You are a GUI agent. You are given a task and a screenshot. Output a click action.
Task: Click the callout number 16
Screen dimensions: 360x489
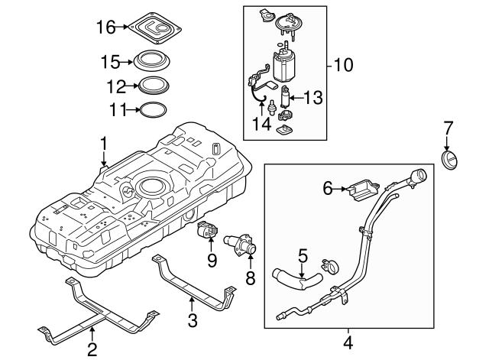105,28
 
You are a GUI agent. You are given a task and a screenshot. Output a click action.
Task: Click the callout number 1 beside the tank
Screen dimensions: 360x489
103,143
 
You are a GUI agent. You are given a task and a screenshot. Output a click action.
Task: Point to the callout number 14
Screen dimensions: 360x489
261,123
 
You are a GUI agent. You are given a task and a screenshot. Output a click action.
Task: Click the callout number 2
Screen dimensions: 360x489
91,352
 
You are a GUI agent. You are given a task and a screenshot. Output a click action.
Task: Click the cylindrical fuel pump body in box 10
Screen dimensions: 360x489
289,66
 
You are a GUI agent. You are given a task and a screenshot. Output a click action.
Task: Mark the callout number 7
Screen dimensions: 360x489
449,126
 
